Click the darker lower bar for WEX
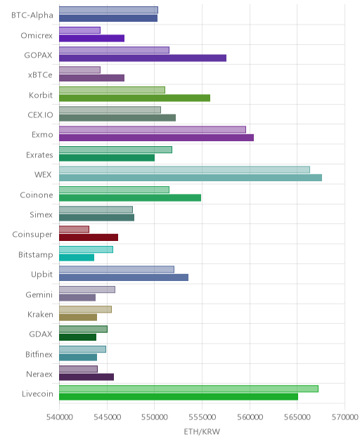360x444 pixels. click(191, 178)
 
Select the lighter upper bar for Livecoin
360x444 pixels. click(188, 388)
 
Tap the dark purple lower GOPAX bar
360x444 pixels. click(143, 58)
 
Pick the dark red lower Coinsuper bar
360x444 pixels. click(89, 237)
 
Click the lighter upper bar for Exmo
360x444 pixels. click(153, 130)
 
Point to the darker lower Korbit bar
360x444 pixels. click(134, 98)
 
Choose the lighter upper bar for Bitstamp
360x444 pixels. click(86, 249)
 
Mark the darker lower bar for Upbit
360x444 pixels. click(124, 277)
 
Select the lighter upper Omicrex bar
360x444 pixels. click(79, 30)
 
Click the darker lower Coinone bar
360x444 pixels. click(130, 197)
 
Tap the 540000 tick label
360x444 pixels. click(60, 417)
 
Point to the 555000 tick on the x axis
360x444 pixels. click(202, 417)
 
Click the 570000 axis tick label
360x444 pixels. click(345, 417)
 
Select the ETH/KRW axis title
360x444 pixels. click(202, 431)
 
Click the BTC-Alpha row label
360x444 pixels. click(32, 15)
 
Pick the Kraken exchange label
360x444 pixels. click(40, 314)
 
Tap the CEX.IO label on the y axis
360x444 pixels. click(40, 115)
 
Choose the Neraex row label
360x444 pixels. click(39, 374)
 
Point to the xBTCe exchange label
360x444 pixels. click(40, 74)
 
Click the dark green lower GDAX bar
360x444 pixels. click(77, 337)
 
